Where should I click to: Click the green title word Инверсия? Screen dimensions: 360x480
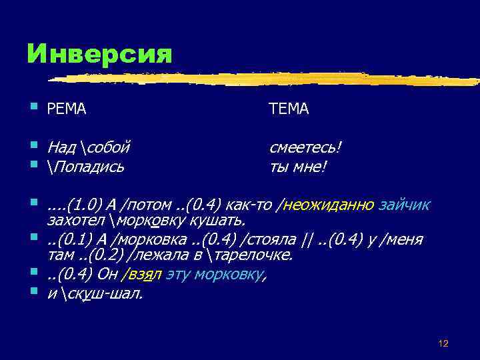point(99,54)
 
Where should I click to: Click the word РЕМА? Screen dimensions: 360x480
point(67,109)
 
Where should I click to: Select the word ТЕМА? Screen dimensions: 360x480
point(289,109)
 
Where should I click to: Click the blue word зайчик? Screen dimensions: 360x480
point(405,204)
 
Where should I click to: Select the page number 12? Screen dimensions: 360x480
point(443,343)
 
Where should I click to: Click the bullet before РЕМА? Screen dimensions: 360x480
point(34,107)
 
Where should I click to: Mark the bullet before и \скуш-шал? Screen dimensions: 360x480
point(34,292)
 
